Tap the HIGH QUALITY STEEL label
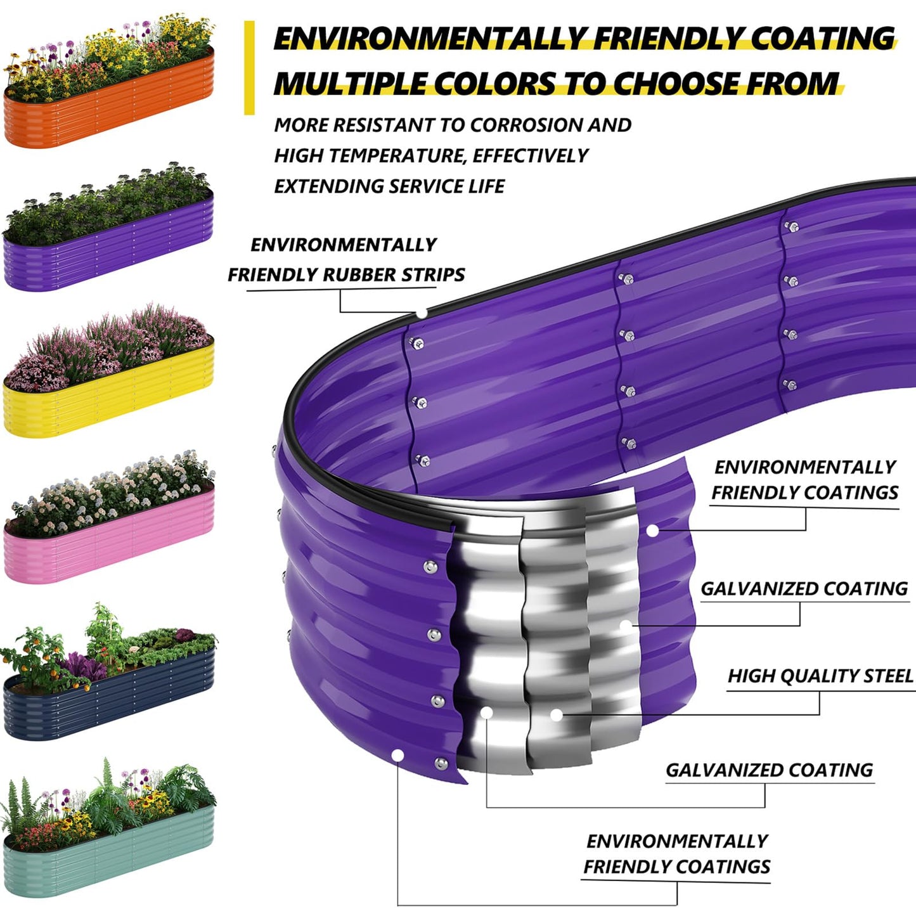pos(820,676)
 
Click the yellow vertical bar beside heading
pos(249,68)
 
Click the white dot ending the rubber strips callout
pos(422,313)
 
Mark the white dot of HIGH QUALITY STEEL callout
pos(557,715)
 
